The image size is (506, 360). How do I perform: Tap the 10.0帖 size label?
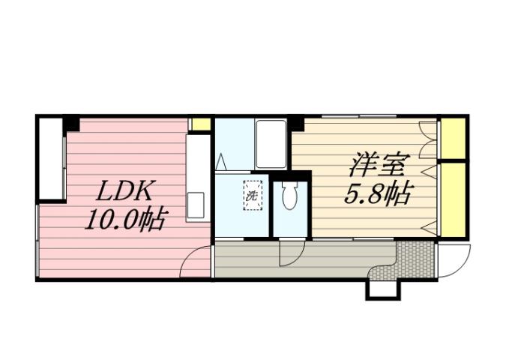click(124, 220)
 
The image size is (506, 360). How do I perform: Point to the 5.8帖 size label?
click(377, 195)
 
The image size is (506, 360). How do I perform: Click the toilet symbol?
click(289, 196)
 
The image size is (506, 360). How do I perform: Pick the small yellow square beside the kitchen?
click(199, 124)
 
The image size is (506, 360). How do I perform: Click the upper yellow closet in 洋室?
click(452, 139)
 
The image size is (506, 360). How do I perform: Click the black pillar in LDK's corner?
click(71, 122)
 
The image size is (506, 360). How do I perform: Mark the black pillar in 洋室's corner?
click(296, 122)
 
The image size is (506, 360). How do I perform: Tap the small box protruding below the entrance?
click(383, 289)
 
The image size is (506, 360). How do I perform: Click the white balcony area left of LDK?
click(51, 158)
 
